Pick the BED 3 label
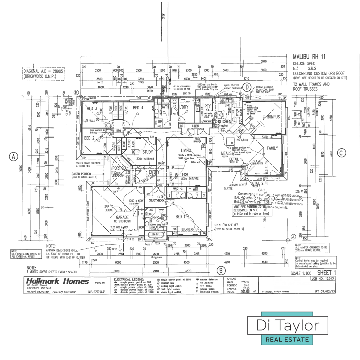[92, 108]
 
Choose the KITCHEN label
[227, 122]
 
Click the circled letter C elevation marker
[341, 153]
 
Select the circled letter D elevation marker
[247, 87]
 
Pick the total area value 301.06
[245, 291]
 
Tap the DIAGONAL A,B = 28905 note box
[44, 74]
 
